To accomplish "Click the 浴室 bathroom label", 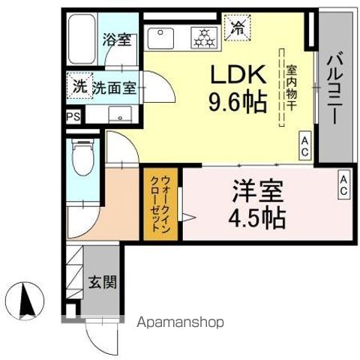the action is pos(117,40).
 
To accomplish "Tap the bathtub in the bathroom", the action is pos(82,39).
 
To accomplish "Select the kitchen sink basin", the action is pos(160,38).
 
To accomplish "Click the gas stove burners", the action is pos(205,37).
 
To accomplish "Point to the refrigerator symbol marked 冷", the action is pos(237,28).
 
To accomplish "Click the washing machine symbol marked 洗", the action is pos(79,86).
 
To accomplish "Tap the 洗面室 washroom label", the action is pos(114,88).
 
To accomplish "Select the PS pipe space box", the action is pos(73,117).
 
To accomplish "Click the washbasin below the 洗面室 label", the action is pos(120,115).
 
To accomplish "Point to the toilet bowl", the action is pos(82,157).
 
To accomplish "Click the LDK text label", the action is pos(238,74).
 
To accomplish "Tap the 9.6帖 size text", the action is pos(237,103).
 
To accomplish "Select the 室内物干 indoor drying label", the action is pos(291,88).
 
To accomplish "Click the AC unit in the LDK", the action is pos(305,145).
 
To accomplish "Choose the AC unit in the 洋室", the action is pos(344,184).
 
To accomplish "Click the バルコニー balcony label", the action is pos(334,88).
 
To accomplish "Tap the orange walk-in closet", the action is pos(160,204).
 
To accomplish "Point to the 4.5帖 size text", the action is pos(257,218).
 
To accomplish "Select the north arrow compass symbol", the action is pos(25,301).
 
